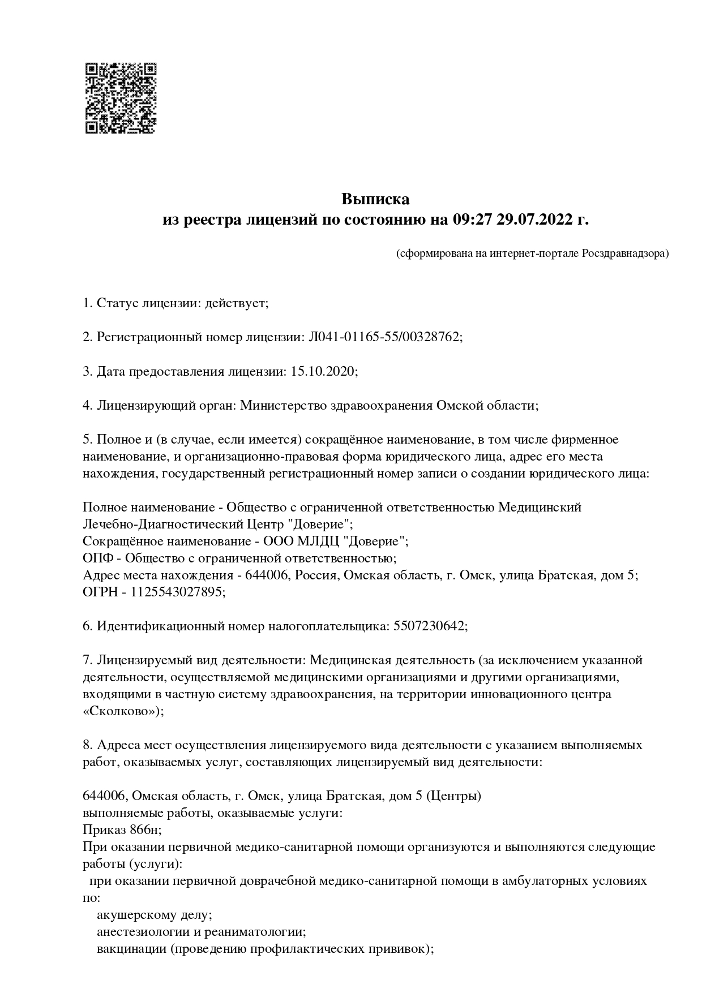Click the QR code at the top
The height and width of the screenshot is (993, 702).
pyautogui.click(x=121, y=98)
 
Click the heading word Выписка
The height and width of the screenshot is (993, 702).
pyautogui.click(x=375, y=199)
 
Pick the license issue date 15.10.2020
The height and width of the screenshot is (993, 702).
pyautogui.click(x=323, y=371)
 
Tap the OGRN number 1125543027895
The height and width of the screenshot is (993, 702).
pyautogui.click(x=177, y=592)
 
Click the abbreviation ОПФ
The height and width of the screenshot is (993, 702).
pyautogui.click(x=98, y=558)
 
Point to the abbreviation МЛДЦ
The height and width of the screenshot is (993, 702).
pyautogui.click(x=320, y=541)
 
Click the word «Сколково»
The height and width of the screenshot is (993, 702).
pyautogui.click(x=122, y=711)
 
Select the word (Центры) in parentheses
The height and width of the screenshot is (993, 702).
pyautogui.click(x=453, y=796)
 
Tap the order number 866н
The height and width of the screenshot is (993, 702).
pyautogui.click(x=145, y=830)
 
